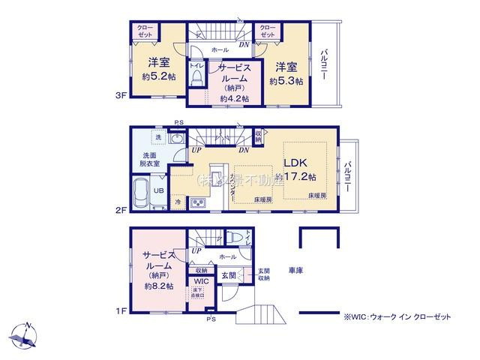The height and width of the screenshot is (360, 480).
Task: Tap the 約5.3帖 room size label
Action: pos(288,81)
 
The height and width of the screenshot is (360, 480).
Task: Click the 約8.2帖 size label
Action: pos(159,286)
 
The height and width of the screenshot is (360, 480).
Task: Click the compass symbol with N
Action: pos(25,333)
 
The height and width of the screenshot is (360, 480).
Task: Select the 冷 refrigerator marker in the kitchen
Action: pos(178,202)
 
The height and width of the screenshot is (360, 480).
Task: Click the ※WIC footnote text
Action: pos(397,317)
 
